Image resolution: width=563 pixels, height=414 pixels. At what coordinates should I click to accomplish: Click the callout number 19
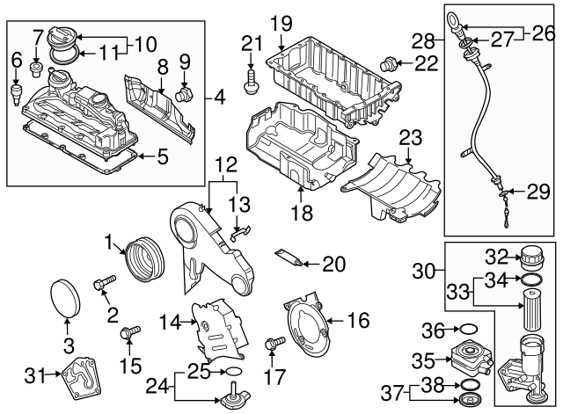point(280,21)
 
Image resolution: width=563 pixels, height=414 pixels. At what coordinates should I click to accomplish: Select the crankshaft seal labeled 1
point(143,260)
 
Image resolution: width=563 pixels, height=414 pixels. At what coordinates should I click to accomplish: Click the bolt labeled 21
point(253,78)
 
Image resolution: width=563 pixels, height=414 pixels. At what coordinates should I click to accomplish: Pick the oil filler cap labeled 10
point(64,41)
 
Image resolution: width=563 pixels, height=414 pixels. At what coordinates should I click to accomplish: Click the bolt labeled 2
point(103,283)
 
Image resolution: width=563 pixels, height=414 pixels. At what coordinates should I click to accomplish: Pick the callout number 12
point(224,163)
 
